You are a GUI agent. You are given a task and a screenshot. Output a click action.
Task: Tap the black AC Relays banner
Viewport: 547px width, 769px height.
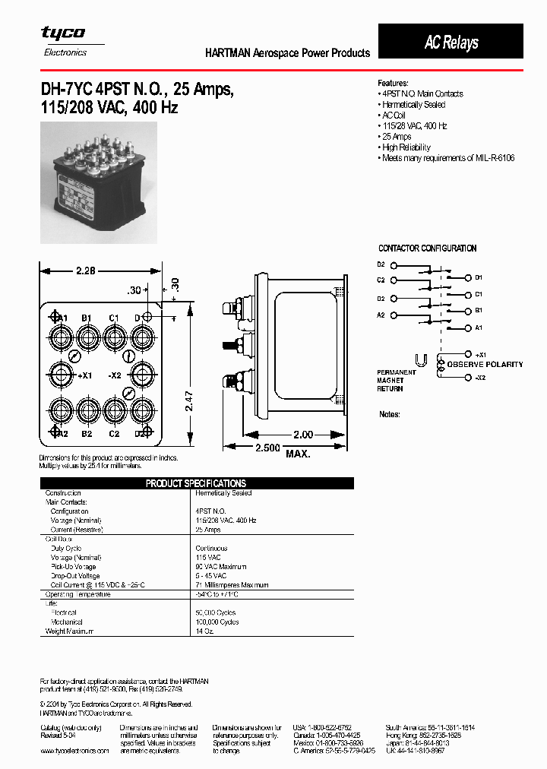pos(451,42)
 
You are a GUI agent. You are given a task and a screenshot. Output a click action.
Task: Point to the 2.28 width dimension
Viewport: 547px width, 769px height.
pos(86,271)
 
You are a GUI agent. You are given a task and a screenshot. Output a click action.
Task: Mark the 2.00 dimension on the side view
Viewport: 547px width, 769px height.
pos(302,435)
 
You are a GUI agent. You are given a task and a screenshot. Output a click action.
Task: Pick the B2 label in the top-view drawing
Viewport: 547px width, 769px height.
pos(87,434)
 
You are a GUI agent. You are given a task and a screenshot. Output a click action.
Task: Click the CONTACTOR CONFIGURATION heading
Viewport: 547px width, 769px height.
pos(427,248)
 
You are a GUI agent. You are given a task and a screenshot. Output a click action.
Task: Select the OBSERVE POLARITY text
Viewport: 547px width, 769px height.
pos(485,365)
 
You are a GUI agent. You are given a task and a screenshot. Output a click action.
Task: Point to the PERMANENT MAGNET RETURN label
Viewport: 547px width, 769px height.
pos(396,381)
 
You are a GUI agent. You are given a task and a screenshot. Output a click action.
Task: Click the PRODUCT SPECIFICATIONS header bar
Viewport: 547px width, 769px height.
pos(196,483)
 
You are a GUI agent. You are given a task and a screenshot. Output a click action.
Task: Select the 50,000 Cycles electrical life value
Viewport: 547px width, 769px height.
pos(217,612)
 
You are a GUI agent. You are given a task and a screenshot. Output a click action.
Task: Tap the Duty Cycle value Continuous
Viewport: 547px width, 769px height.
pos(211,548)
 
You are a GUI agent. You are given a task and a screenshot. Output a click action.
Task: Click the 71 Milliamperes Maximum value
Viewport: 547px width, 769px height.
pos(232,585)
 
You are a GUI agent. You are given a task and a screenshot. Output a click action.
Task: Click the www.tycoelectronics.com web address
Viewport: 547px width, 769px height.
pos(74,750)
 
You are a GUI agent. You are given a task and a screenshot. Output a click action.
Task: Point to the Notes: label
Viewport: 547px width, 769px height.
pos(390,415)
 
